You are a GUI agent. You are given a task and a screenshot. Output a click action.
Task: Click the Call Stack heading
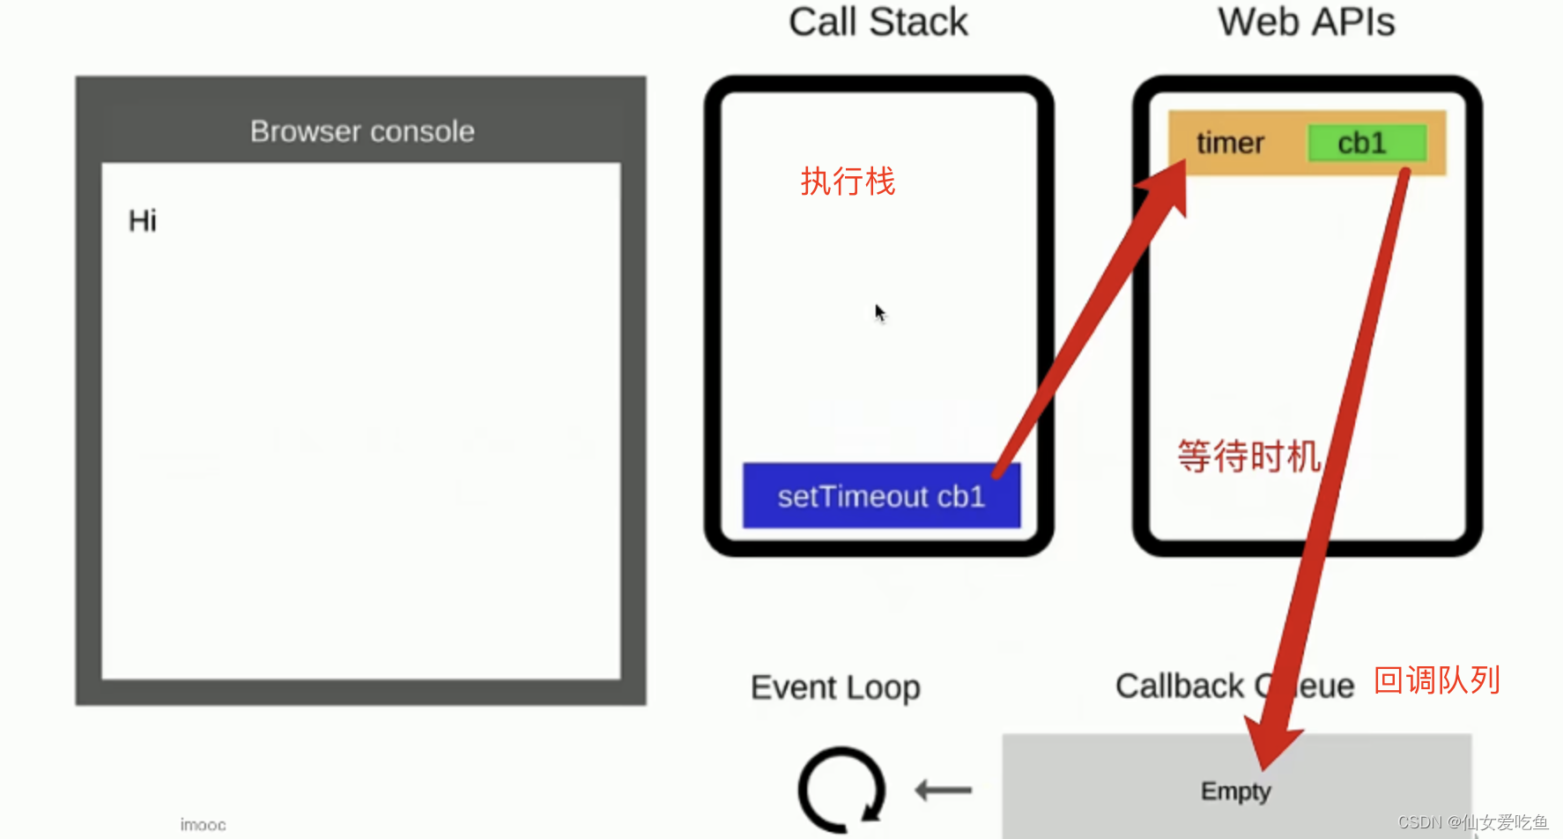pyautogui.click(x=878, y=23)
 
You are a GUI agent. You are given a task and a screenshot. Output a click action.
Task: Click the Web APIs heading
pyautogui.click(x=1306, y=23)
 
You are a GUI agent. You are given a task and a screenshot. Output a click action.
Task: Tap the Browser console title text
pyautogui.click(x=362, y=131)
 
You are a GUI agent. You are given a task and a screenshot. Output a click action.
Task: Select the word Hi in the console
pyautogui.click(x=142, y=220)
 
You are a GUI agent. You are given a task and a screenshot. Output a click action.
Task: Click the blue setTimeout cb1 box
pyautogui.click(x=880, y=496)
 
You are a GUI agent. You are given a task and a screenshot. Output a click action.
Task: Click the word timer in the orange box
pyautogui.click(x=1230, y=143)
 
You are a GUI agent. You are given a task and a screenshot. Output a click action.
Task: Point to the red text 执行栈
pyautogui.click(x=848, y=182)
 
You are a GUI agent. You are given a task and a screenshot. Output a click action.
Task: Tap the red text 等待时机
pyautogui.click(x=1248, y=457)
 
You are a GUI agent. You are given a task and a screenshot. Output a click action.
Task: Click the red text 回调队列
pyautogui.click(x=1437, y=680)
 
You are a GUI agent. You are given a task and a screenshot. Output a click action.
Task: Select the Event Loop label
pyautogui.click(x=835, y=687)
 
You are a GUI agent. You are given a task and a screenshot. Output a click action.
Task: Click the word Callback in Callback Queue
pyautogui.click(x=1179, y=686)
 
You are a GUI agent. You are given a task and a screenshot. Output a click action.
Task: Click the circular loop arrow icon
pyautogui.click(x=841, y=790)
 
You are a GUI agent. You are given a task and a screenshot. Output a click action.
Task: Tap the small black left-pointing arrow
pyautogui.click(x=943, y=790)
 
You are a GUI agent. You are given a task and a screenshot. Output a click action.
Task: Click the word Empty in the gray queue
pyautogui.click(x=1235, y=791)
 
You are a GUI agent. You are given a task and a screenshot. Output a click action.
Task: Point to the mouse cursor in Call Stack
pyautogui.click(x=879, y=312)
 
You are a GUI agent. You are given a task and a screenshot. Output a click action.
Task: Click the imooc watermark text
pyautogui.click(x=203, y=825)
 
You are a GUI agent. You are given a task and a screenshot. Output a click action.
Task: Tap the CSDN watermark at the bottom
pyautogui.click(x=1472, y=822)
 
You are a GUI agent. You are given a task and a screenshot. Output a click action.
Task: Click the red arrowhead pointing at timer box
pyautogui.click(x=1168, y=187)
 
